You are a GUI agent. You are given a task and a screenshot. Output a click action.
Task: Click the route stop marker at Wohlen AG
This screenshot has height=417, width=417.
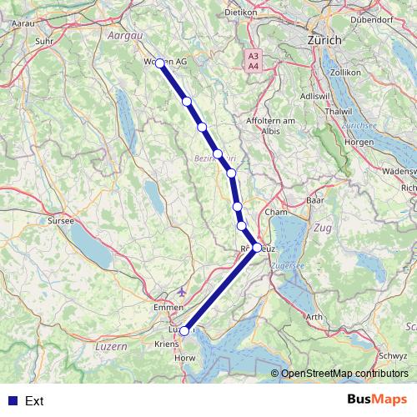159,63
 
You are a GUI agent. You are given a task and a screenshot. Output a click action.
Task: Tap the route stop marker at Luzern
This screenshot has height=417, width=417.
184,330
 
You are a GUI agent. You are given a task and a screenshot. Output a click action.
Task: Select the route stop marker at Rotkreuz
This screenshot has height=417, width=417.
256,247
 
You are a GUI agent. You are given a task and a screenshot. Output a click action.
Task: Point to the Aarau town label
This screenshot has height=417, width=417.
23,25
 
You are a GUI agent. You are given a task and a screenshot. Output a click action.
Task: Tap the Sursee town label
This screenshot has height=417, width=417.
61,221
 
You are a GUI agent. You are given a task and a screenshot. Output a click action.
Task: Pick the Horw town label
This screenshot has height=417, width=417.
187,360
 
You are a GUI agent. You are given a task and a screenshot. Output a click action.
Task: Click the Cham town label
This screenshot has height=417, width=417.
275,212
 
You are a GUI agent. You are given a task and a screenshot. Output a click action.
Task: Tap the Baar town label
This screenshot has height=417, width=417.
314,200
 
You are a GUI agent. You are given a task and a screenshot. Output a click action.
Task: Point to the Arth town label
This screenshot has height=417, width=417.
314,317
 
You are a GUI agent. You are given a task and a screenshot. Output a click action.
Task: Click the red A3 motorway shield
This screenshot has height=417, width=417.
253,56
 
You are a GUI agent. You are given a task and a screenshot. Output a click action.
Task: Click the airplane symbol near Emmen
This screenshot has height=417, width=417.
183,292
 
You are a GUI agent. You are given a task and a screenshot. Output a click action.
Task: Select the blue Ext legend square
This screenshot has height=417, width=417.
11,400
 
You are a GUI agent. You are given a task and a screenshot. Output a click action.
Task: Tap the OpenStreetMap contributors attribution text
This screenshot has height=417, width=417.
344,374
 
